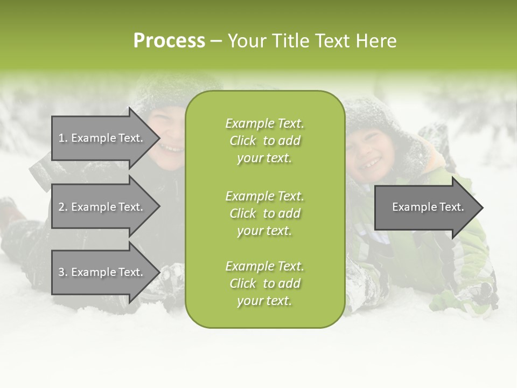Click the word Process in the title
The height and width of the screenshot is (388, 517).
(x=169, y=41)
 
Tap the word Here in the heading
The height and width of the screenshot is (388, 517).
(x=376, y=41)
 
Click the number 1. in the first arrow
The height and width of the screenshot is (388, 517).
(x=63, y=138)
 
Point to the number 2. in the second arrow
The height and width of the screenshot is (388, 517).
(x=63, y=207)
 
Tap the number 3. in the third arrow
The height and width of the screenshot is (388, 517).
(x=63, y=272)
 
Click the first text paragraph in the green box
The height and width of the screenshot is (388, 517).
(x=264, y=141)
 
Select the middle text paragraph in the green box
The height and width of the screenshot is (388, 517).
(x=264, y=213)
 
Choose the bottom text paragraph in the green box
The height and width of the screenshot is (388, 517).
(x=264, y=283)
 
